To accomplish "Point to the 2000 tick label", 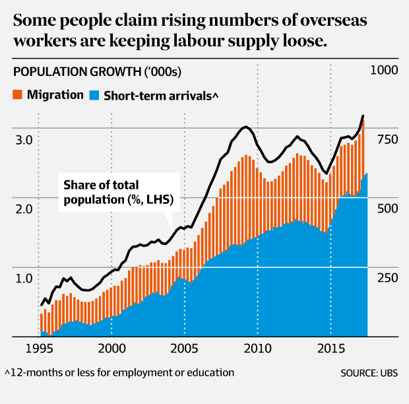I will [111, 347].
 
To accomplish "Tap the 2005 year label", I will [184, 347].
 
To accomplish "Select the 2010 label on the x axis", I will [257, 347].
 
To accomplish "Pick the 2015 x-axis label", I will [330, 347].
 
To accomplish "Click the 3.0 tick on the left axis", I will [26, 141].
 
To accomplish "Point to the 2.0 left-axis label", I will [26, 209].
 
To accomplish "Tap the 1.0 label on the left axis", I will [26, 278].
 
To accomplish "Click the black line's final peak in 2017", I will [363, 117].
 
